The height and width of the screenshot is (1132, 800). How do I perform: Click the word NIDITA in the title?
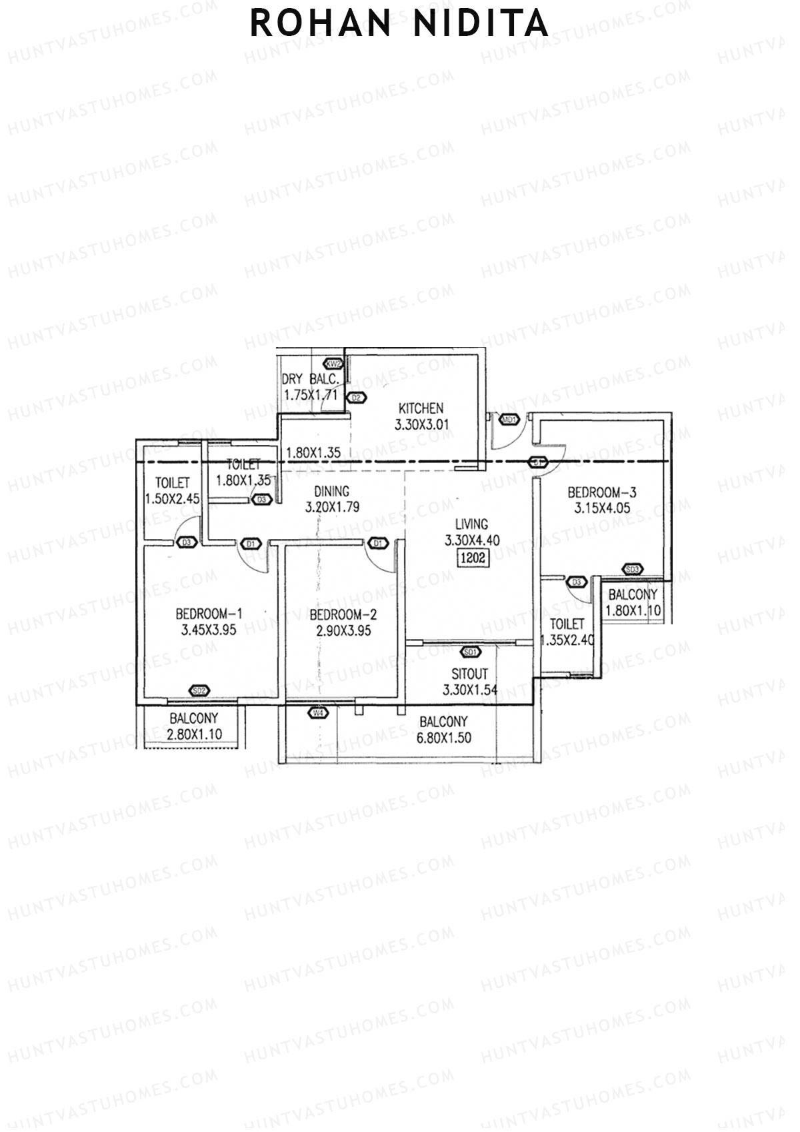(481, 24)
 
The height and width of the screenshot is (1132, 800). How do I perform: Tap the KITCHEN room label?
(421, 408)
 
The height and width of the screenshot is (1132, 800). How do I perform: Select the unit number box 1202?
(473, 558)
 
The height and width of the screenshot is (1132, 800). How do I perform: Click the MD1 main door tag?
(510, 420)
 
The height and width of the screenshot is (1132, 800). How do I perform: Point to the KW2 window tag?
(333, 364)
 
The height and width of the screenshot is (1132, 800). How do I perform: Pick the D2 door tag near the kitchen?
(357, 398)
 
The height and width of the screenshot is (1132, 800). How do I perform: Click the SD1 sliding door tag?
(470, 652)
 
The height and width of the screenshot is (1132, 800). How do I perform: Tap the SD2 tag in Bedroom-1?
(199, 690)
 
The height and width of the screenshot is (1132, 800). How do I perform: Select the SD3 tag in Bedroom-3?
(633, 569)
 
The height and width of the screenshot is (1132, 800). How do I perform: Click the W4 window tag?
(319, 713)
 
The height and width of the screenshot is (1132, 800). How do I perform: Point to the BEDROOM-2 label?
(343, 614)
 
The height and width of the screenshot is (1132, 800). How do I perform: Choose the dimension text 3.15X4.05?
(601, 508)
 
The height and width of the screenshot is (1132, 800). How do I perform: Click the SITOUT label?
(469, 674)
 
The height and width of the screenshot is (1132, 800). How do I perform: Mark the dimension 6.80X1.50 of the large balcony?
(443, 738)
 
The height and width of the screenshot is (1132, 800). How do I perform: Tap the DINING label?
(331, 492)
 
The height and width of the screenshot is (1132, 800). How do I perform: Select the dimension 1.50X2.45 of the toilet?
(172, 498)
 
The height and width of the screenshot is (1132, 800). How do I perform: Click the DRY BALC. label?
(311, 379)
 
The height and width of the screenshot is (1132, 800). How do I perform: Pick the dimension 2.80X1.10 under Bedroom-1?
(194, 734)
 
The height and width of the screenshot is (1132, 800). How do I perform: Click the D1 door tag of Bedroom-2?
(378, 543)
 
